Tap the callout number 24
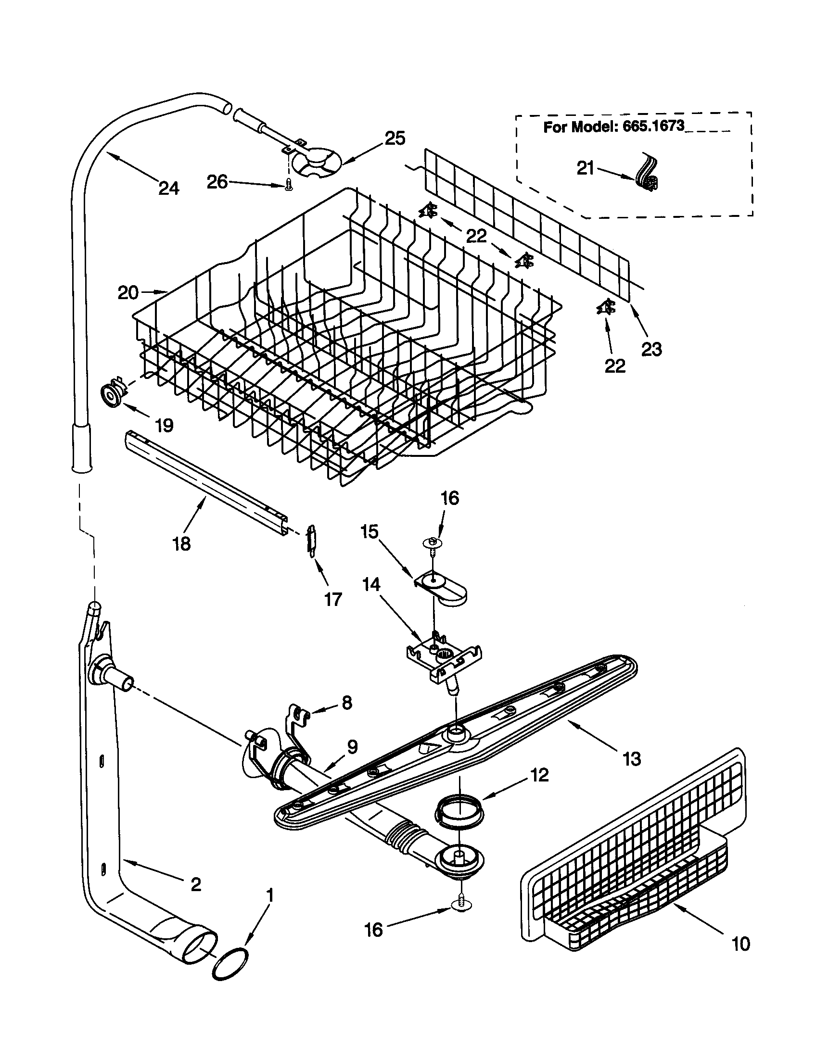coord(168,188)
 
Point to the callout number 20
coord(128,292)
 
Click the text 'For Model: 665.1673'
coord(613,127)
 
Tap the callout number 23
coord(651,348)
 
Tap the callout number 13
coord(632,758)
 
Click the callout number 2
coord(195,884)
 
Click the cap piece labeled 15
coord(442,588)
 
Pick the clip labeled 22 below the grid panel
coord(605,307)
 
